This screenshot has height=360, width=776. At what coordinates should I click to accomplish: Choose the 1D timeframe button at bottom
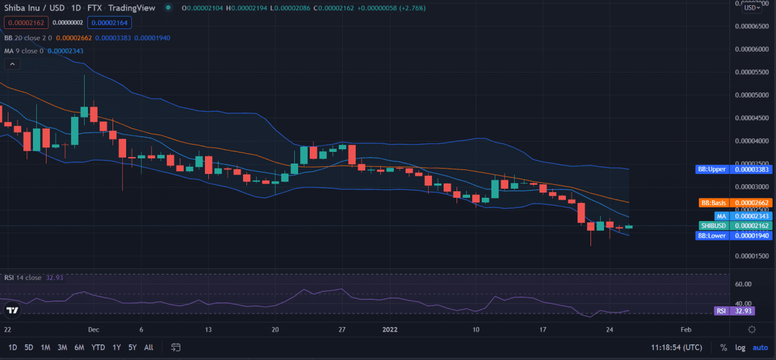[x=12, y=347]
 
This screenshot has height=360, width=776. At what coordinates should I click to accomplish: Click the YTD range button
[x=98, y=347]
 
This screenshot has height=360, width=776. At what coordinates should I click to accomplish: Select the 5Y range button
[x=132, y=347]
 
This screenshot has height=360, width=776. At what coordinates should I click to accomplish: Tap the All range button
[x=149, y=347]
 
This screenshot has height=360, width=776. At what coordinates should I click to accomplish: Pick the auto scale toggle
[x=760, y=347]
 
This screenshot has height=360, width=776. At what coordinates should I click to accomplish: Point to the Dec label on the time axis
[x=94, y=329]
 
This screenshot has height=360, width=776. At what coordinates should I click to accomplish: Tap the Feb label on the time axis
[x=687, y=329]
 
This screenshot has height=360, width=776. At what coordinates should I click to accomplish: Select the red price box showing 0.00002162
[x=26, y=22]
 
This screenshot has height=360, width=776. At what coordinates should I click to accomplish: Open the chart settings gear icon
[x=752, y=329]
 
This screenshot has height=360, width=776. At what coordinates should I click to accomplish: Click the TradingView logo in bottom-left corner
[x=12, y=311]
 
